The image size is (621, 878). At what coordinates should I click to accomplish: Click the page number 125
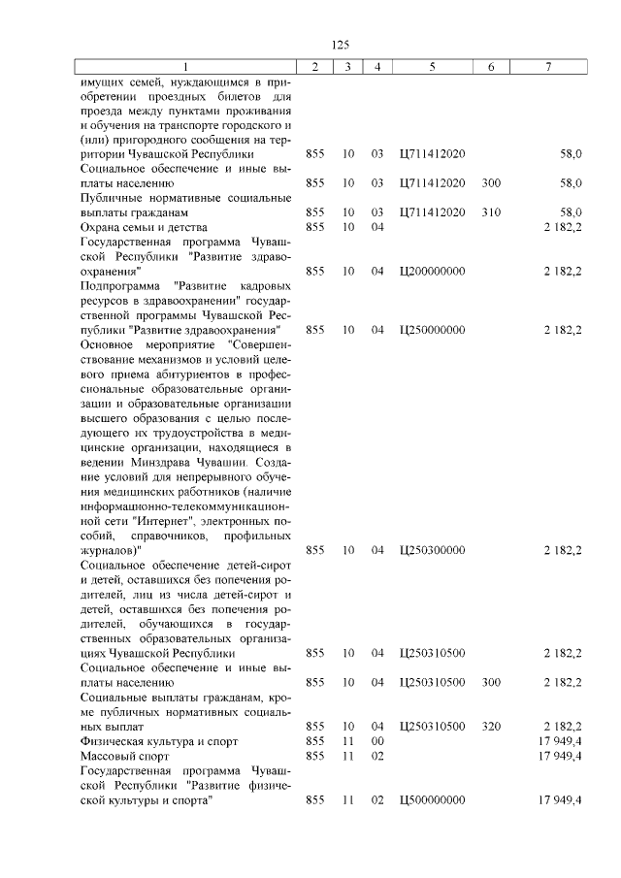340,46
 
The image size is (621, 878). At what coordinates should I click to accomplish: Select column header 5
432,66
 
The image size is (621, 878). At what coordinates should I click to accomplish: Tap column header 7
548,66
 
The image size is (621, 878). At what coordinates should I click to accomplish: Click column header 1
186,66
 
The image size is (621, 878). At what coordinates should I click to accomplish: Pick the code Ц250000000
432,330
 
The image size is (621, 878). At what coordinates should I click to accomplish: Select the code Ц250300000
432,550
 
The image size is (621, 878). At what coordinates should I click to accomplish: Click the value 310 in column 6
491,212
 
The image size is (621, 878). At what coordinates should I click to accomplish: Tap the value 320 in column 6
491,726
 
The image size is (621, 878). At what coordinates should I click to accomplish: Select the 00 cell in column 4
377,741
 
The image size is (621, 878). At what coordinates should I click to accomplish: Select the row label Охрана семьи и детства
138,227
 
